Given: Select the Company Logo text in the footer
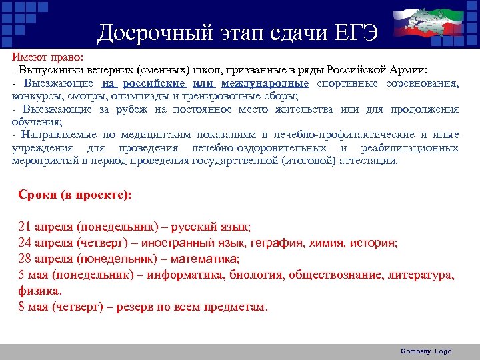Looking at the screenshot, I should tap(426, 351).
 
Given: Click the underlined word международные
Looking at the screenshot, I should tap(265, 83).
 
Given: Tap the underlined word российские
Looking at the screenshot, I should tap(154, 83).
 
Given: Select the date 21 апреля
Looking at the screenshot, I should tap(45, 227).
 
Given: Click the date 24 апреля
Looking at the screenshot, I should tap(45, 243).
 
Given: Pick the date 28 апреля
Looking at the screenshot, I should tap(45, 259).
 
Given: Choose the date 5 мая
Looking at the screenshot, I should tap(35, 275).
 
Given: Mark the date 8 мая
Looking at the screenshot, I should tap(35, 307).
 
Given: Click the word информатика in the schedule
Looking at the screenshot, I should tap(187, 275).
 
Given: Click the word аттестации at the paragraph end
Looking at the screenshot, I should tap(368, 161).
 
